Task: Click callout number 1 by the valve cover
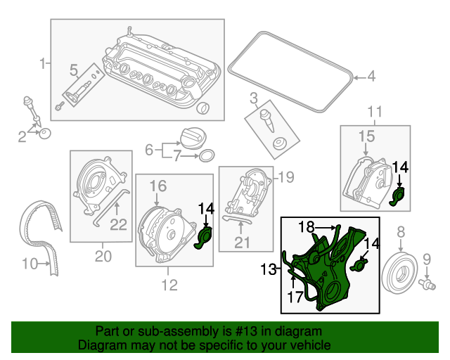click(42, 63)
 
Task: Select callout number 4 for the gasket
click(371, 77)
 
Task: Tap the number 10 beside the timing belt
click(28, 264)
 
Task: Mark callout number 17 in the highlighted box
click(293, 296)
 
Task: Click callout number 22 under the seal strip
click(118, 224)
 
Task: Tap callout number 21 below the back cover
click(242, 243)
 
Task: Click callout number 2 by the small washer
click(22, 135)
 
